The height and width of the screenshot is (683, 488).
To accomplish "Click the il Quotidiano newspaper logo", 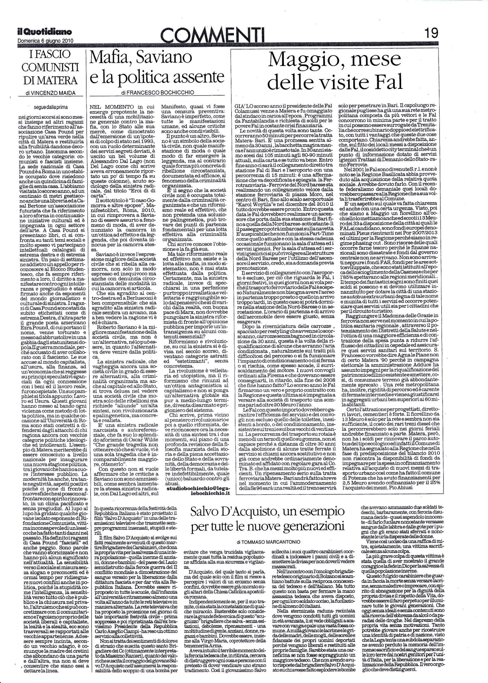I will (x=45, y=32).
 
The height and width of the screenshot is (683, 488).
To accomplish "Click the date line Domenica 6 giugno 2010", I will (x=45, y=40).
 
